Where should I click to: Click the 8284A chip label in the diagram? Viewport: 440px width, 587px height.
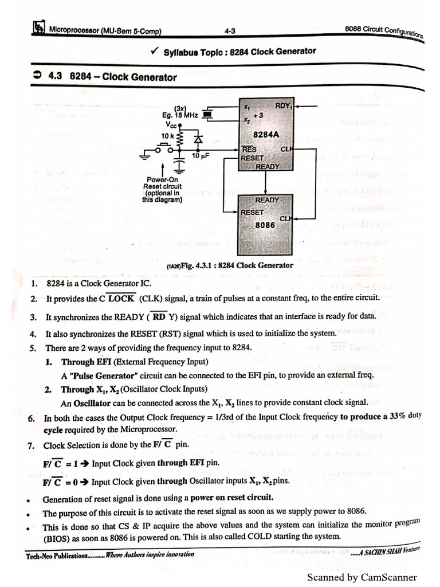[x=266, y=136]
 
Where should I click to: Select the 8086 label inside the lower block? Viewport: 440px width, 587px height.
[x=265, y=225]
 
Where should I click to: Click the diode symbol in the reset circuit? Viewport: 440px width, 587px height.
[x=198, y=139]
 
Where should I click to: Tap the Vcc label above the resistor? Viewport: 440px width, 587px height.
[x=172, y=124]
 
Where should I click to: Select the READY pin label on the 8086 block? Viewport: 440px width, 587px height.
[x=267, y=200]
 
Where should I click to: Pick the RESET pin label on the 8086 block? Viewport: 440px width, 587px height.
[x=252, y=213]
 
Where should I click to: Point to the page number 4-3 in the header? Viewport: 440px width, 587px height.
[x=230, y=31]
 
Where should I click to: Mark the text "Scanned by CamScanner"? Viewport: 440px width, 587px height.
[x=362, y=577]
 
